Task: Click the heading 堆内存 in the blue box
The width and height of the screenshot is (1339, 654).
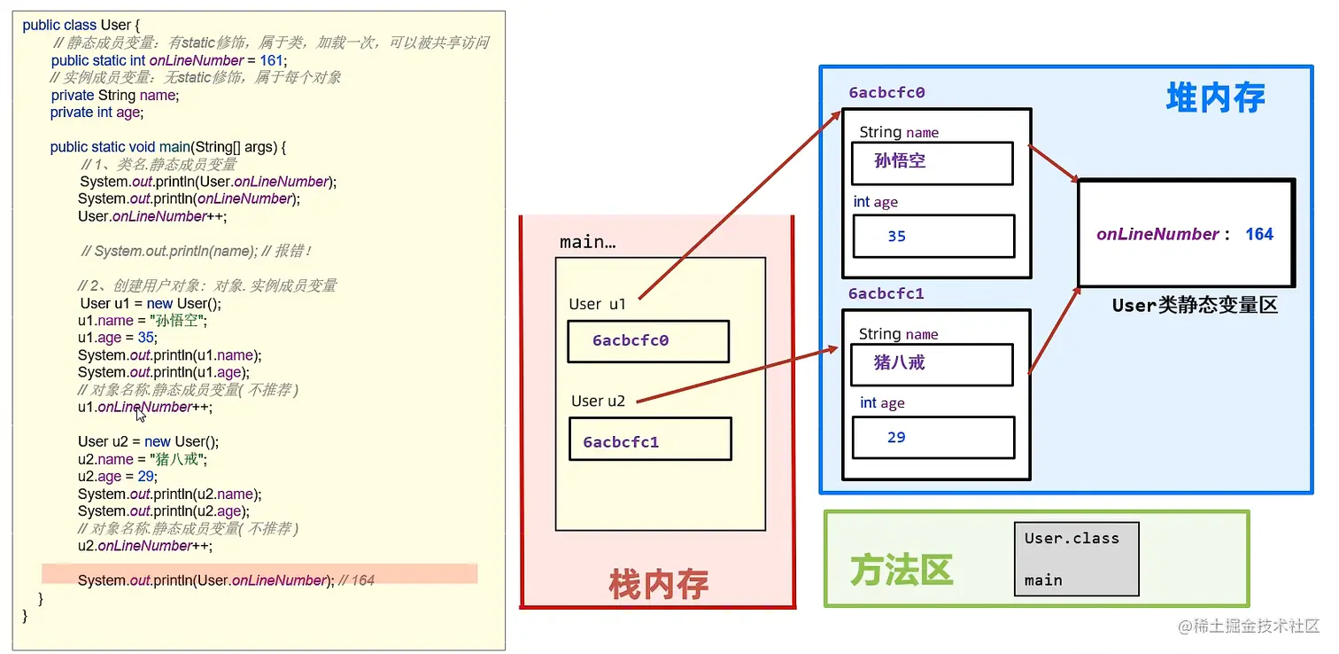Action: (1215, 97)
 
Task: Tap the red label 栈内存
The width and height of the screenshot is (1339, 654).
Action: (658, 585)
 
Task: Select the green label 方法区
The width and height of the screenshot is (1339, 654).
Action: (901, 570)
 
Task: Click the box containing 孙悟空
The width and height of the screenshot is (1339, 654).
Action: (931, 163)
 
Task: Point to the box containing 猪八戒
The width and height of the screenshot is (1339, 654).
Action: (931, 363)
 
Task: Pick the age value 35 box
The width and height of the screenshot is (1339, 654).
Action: (933, 237)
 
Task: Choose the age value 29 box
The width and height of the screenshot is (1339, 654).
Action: (933, 438)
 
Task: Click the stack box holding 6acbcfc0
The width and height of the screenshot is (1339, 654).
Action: (647, 341)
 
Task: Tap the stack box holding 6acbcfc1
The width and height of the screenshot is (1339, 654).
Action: (650, 439)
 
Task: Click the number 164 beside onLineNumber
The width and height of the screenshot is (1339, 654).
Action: (1258, 234)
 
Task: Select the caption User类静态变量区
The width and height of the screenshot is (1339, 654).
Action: (1195, 306)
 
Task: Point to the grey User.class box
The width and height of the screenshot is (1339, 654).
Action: (1076, 558)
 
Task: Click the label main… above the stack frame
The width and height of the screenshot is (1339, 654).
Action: (587, 242)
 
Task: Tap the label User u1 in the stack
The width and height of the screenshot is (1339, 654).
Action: (597, 304)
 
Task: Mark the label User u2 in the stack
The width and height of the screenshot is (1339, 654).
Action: (598, 401)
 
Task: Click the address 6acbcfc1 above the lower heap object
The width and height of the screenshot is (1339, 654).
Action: (886, 293)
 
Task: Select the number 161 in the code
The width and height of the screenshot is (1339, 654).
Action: (272, 60)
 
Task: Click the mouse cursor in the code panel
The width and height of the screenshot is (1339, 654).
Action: (141, 413)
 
